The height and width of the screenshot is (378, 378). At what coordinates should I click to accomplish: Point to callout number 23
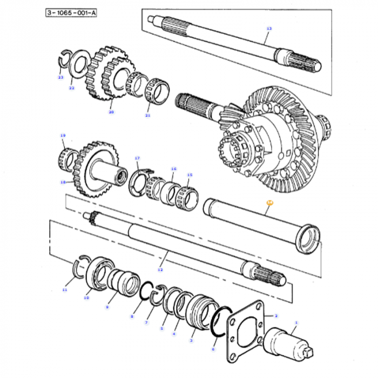[60, 77]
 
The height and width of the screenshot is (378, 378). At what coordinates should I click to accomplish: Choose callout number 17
[137, 158]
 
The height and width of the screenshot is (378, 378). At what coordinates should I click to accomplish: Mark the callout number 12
[160, 269]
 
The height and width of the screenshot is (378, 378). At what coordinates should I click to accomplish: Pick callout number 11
[65, 290]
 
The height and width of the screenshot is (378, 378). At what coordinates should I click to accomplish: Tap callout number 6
[213, 349]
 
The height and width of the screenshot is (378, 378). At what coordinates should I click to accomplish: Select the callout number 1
[295, 323]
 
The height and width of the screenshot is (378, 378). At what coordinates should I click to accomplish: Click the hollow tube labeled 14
[259, 221]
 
